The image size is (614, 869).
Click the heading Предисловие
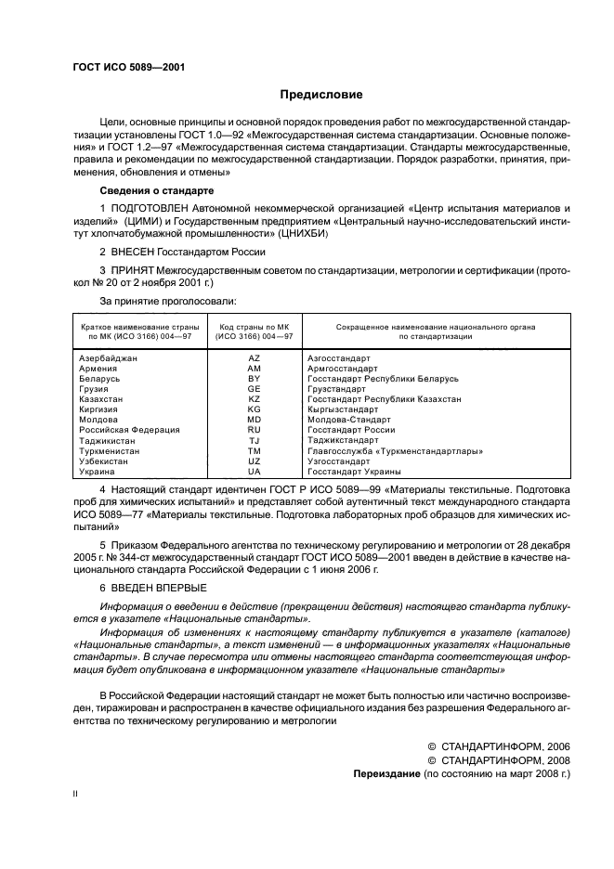pos(321,95)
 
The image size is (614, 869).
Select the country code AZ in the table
pos(254,357)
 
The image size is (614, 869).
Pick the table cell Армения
pos(98,368)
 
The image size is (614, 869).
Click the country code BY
pos(254,378)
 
